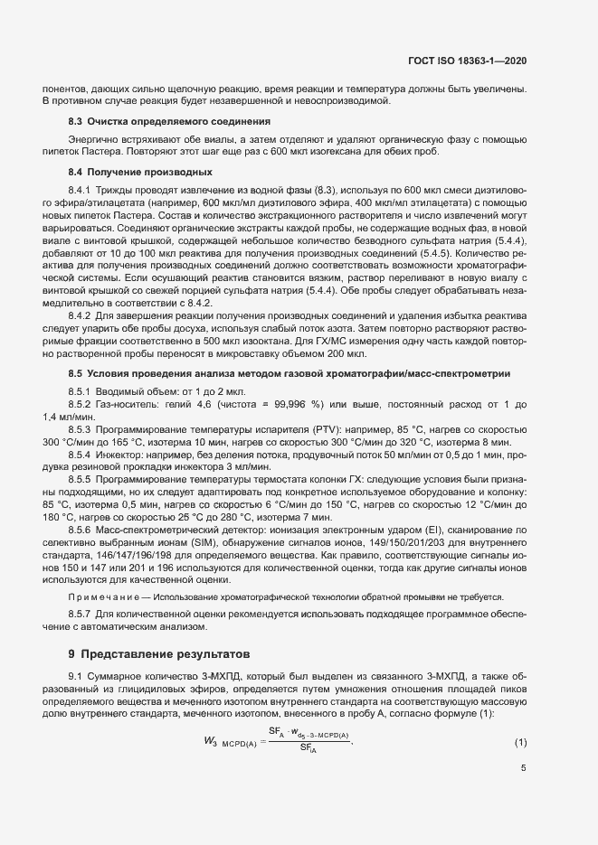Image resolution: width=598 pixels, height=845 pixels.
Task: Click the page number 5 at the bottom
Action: pos(524,769)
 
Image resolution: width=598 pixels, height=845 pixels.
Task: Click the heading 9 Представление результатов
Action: pos(164,653)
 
